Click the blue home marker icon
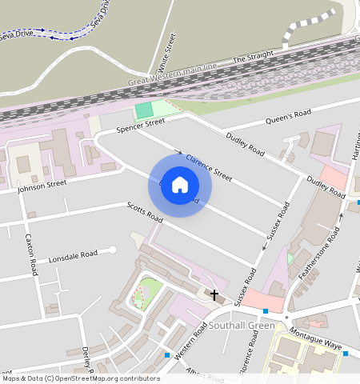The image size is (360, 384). pos(180,185)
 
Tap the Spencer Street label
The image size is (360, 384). pos(140,125)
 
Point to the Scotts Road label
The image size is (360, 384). pos(145,213)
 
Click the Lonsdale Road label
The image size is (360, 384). pos(73,257)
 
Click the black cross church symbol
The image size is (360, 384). pos(214,294)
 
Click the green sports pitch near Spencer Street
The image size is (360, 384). pos(143,110)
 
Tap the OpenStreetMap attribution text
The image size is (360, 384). pos(80,378)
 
